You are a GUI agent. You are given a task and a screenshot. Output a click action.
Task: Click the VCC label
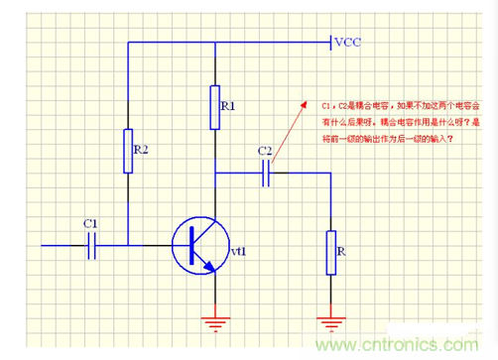[x=349, y=43]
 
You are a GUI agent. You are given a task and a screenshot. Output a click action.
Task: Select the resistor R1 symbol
[x=214, y=107]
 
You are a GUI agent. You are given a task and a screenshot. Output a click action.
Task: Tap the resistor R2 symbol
[x=127, y=150]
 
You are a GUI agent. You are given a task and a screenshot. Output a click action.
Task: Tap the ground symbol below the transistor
[x=214, y=321]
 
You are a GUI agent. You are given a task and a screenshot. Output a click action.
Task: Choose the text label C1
[x=90, y=223]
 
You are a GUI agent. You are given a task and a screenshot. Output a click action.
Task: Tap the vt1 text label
[x=238, y=254]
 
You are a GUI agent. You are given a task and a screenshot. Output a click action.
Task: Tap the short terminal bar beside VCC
[x=328, y=43]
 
